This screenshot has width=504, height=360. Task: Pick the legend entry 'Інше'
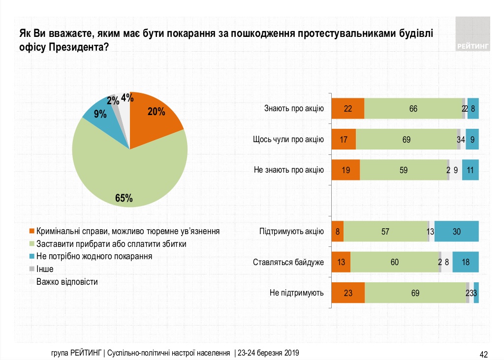[44, 269]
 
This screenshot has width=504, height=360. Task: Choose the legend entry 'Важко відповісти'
[67, 282]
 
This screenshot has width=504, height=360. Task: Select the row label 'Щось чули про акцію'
[288, 140]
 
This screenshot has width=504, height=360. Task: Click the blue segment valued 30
[456, 232]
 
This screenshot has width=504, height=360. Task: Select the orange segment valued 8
[338, 232]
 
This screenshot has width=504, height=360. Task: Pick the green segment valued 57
[385, 232]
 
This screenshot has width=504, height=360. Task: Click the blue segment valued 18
[465, 262]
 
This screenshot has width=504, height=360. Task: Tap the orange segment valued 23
[348, 293]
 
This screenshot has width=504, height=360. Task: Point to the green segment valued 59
[403, 170]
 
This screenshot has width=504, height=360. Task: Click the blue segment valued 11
[471, 170]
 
